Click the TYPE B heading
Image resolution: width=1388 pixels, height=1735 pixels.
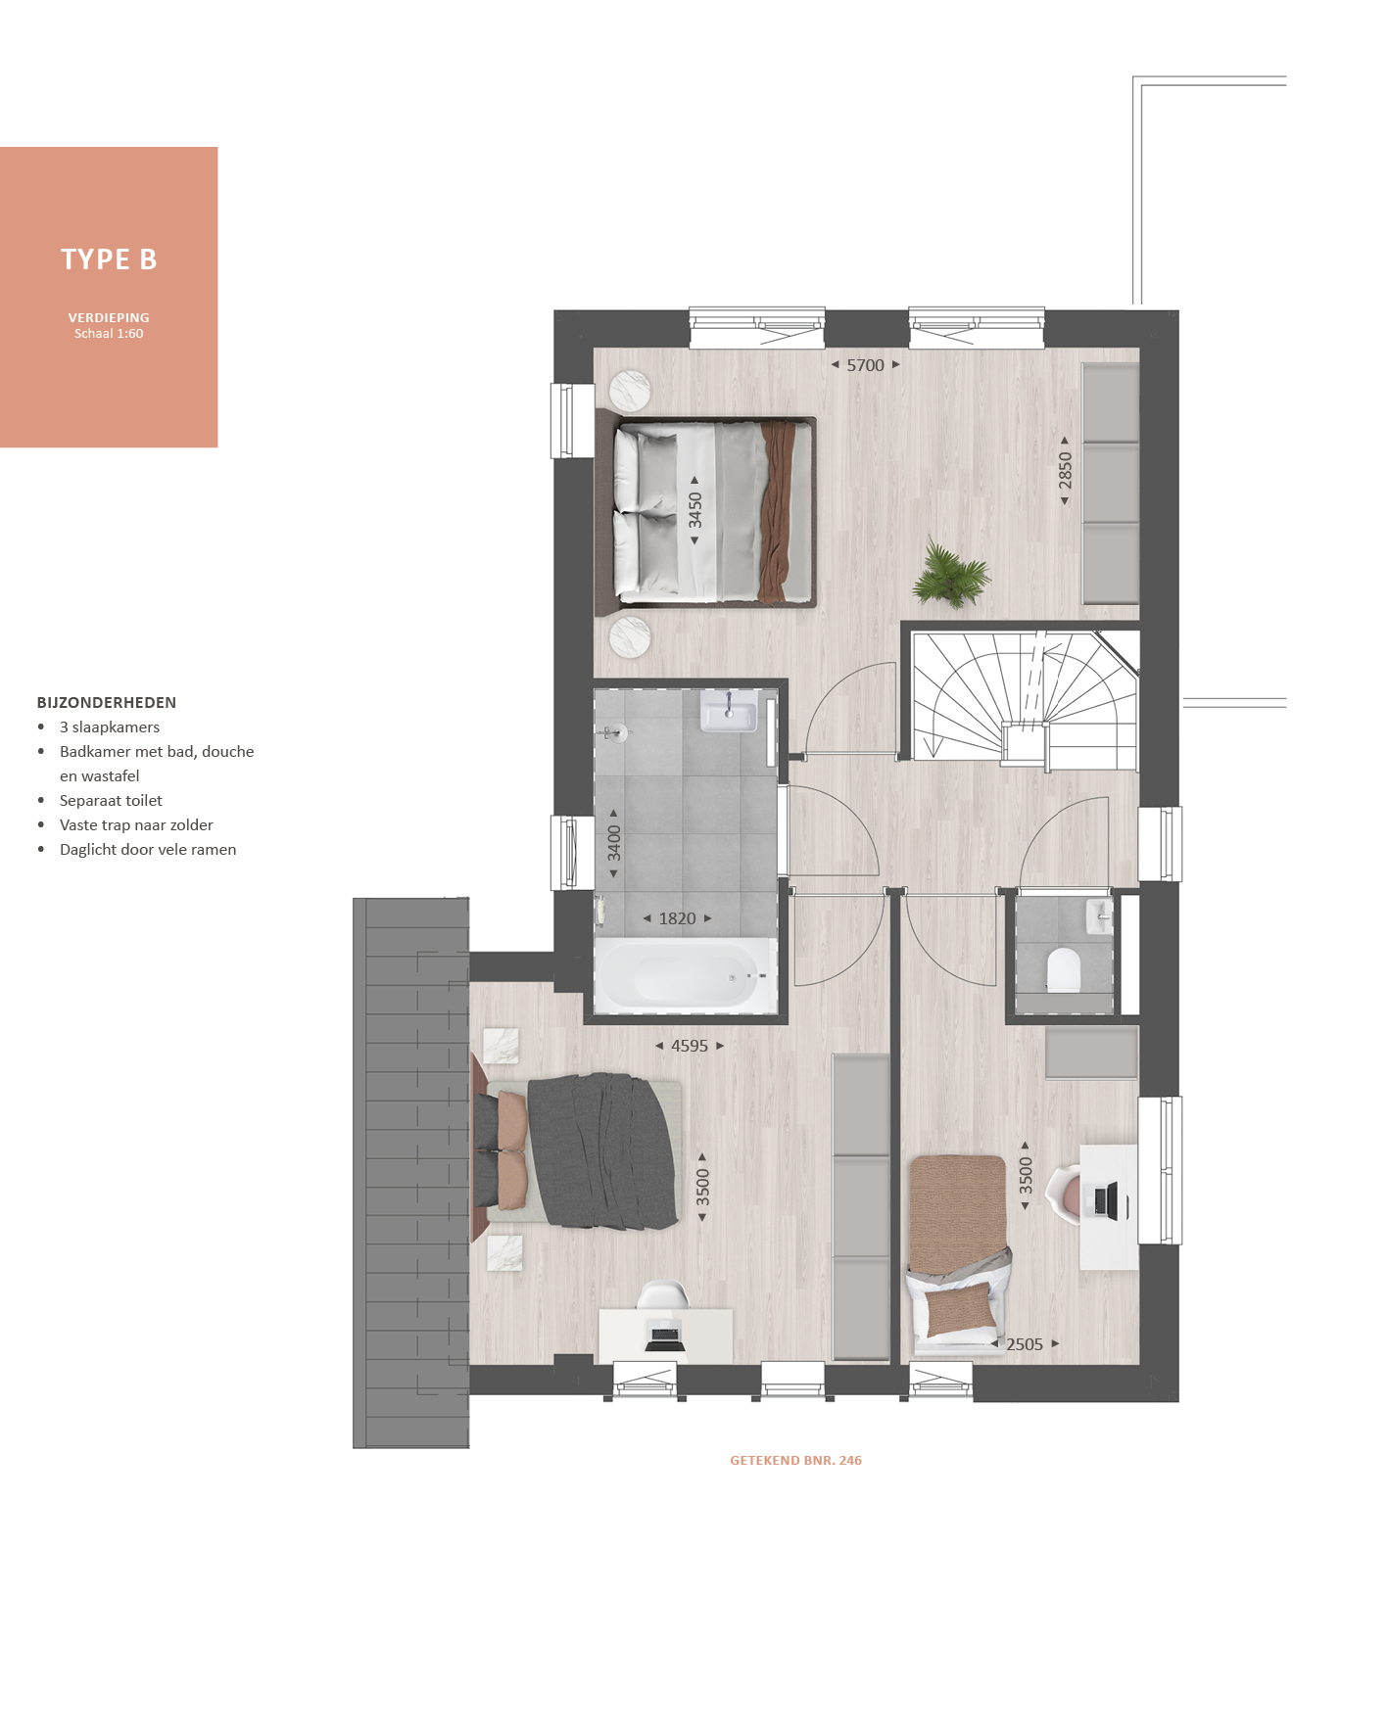109,259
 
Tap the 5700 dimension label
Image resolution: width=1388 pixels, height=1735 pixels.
865,365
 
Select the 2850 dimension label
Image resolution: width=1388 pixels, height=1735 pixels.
1065,471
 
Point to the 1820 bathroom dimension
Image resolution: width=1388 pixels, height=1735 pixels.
677,918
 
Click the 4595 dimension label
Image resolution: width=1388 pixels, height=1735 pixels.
690,1046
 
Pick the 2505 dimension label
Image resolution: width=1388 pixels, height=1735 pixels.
1025,1344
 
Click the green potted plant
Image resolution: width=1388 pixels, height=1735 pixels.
950,575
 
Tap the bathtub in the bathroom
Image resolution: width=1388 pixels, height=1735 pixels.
686,976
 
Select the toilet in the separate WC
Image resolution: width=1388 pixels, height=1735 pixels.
1063,969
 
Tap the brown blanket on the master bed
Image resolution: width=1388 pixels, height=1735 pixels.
775,511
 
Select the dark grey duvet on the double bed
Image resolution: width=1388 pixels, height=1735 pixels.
601,1151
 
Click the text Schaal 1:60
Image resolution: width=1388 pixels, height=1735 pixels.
109,334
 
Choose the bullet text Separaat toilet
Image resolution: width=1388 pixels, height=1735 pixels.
111,801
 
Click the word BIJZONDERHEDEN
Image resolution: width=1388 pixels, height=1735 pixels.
107,703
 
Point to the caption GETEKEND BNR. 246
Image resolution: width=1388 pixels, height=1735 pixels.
795,1460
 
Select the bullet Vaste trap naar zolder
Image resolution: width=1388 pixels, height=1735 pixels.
136,825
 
